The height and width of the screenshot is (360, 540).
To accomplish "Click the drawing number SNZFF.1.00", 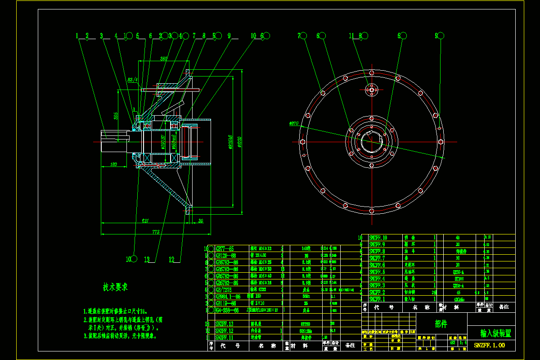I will [x=490, y=345].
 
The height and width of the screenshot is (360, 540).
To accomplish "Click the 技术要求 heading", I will [x=115, y=287].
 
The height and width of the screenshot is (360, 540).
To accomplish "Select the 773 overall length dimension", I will [x=155, y=232].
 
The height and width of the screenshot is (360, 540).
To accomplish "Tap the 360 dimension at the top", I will [x=163, y=59].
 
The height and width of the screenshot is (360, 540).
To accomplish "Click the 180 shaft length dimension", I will [x=113, y=165].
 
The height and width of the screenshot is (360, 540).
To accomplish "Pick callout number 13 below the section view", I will [x=147, y=259].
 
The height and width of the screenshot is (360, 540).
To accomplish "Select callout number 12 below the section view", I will [x=171, y=259].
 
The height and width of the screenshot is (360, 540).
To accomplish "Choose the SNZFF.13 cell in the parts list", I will [x=225, y=324].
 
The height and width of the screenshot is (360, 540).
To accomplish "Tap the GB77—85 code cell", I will [x=225, y=248].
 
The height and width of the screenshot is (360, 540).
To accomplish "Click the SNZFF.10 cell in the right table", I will [x=378, y=237].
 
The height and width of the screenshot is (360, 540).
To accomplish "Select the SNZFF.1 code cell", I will [x=377, y=299].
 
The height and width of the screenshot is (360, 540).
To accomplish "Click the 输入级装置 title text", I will [x=495, y=333].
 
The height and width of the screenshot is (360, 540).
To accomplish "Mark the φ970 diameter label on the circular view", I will [x=294, y=122].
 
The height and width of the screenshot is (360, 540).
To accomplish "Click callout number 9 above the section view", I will [x=229, y=36].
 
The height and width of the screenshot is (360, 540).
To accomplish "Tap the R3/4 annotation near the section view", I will [x=132, y=80].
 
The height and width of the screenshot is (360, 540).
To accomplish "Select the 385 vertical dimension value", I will [x=116, y=116].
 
